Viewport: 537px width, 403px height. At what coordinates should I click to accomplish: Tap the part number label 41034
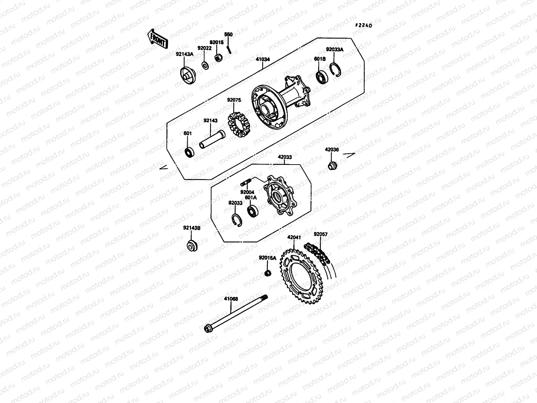(262, 59)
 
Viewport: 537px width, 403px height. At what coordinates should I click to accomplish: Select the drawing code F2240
(364, 26)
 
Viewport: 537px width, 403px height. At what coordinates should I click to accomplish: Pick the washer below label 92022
(205, 64)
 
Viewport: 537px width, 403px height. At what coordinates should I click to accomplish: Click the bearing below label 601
(189, 152)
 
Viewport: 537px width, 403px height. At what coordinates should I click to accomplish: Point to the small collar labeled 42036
(332, 166)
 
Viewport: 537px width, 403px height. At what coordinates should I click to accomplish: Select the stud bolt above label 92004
(246, 183)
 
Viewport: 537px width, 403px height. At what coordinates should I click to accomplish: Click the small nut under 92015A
(267, 273)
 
